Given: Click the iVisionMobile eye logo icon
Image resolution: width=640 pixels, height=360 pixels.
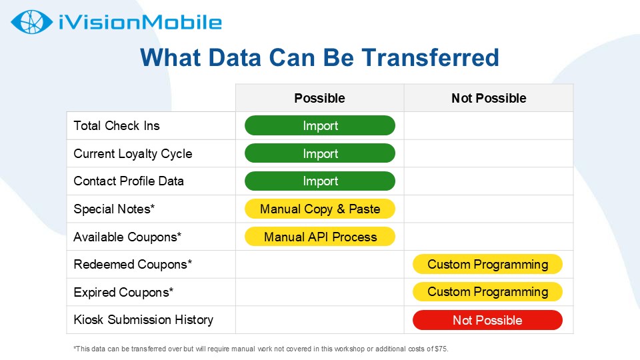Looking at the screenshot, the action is pos(32,22).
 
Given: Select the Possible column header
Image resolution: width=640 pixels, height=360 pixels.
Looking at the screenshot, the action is pos(319,98).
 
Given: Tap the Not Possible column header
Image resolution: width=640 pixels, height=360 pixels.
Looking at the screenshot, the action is pos(489,98).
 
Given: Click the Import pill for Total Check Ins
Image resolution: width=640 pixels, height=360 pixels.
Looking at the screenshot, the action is pos(320,125).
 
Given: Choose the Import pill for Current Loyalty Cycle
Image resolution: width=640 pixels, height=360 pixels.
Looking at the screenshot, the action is pos(320,153).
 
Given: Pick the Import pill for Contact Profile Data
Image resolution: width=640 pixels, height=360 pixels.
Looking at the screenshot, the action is pos(320,181).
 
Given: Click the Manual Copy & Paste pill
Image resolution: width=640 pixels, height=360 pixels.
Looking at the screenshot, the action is pos(320,209).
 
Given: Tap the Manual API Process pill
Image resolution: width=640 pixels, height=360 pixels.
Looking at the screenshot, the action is pos(320,237).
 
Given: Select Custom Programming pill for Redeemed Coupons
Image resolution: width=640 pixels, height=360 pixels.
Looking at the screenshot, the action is pos(488,264).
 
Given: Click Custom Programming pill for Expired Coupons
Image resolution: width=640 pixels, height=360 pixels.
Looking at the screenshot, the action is pos(488,292).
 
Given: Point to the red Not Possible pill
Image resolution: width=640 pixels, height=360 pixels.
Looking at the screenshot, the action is pos(488,320).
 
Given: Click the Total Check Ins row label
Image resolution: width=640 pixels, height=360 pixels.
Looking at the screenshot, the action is pos(117,126).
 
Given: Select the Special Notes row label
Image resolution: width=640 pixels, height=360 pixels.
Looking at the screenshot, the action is pos(114,209).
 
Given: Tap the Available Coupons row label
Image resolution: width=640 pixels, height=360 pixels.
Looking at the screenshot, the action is pos(127,237).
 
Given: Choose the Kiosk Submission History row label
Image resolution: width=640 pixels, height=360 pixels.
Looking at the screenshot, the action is pos(143,319).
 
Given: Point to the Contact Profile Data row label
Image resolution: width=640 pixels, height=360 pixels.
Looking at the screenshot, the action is pos(129,181).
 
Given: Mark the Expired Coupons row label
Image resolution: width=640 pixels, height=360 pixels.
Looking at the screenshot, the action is pos(123,292).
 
